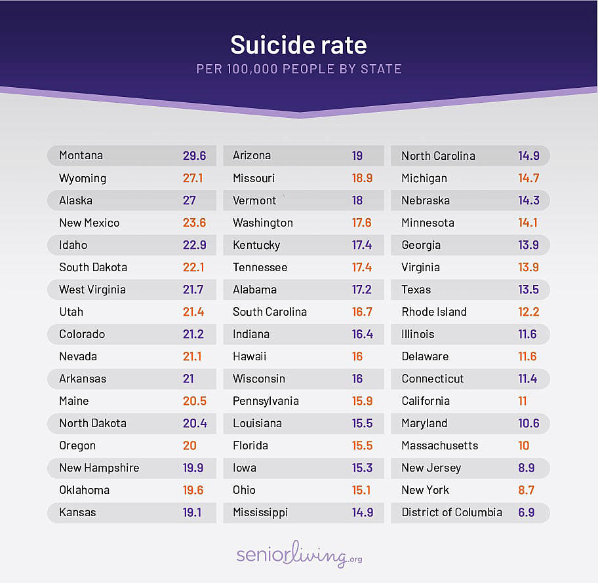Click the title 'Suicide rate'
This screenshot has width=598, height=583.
coord(298,45)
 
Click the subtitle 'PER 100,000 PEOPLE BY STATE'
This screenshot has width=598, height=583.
coord(299,69)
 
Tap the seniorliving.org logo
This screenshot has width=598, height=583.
coord(299,554)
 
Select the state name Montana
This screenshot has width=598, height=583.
coord(81,156)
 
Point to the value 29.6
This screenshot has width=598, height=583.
coord(194,156)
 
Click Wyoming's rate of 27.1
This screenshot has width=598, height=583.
coord(194,178)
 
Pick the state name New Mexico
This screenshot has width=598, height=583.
coord(89,223)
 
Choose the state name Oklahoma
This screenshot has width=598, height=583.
coord(84,490)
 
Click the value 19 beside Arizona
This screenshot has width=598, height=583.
coord(357,156)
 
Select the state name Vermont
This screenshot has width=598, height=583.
coord(254,200)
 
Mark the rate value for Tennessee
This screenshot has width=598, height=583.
coord(362,267)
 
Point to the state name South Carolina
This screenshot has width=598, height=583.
coord(269,312)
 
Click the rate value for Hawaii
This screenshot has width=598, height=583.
coord(357,356)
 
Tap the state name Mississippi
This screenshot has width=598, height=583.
coord(260,512)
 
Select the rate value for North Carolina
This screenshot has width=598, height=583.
coord(528,156)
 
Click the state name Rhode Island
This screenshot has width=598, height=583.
coord(434,312)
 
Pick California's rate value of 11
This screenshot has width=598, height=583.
coord(523,401)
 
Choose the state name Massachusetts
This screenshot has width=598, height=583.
coord(440,445)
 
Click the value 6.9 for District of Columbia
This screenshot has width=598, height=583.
coord(527,512)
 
